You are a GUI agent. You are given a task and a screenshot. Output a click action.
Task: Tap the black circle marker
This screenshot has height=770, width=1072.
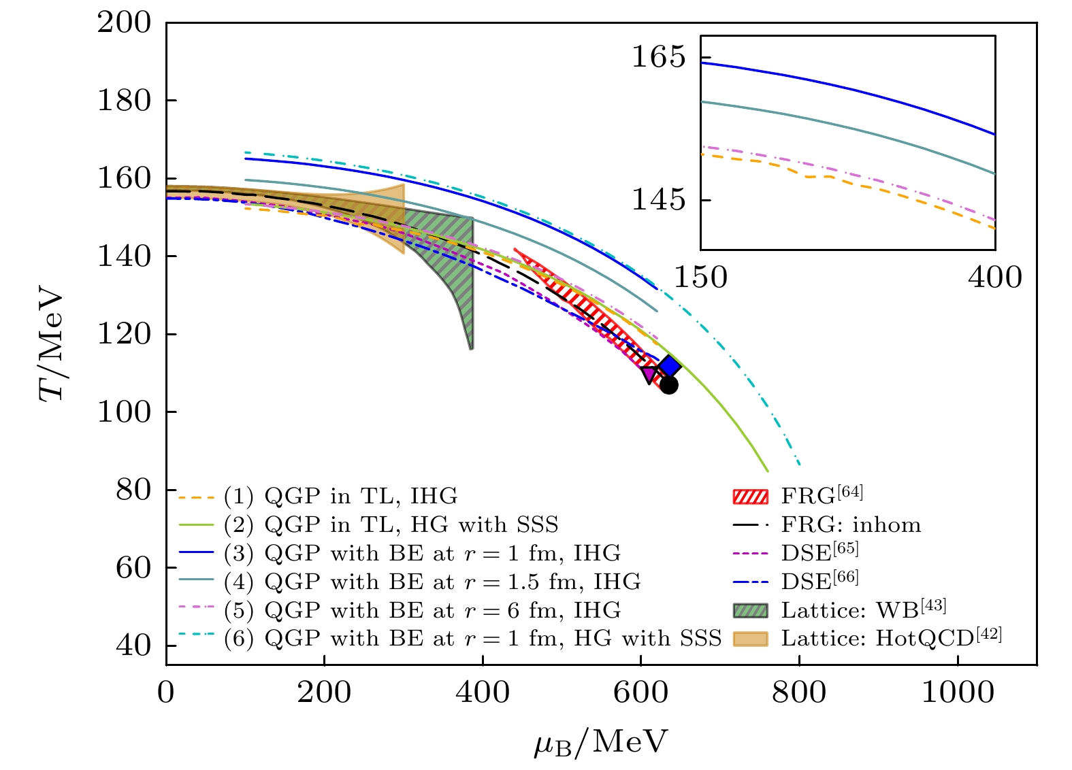point(669,385)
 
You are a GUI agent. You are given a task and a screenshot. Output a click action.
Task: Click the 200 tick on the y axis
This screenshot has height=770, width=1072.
point(125,22)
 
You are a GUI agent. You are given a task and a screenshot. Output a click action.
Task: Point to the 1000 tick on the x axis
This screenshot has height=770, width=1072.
point(958,693)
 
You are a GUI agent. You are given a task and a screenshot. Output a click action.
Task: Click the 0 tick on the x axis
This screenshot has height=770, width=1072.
point(166,693)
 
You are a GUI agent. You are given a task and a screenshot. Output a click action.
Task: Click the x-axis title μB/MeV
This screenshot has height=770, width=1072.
point(600,742)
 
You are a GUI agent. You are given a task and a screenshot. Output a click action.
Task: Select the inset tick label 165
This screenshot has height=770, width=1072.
point(658,57)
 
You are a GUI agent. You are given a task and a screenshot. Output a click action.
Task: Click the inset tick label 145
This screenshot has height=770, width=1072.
point(658,200)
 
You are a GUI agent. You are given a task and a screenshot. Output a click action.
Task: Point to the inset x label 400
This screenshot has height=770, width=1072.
point(994,278)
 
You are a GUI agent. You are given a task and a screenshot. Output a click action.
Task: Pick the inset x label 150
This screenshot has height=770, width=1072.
point(700,278)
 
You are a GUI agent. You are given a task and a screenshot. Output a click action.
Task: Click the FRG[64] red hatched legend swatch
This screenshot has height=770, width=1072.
point(750,497)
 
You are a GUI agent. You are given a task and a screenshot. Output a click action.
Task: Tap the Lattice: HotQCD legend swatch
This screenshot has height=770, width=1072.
point(750,639)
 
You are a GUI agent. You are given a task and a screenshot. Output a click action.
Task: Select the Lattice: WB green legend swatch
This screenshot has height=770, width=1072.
point(750,610)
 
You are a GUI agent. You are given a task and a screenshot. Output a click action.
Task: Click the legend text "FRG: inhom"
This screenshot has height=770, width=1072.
point(851,525)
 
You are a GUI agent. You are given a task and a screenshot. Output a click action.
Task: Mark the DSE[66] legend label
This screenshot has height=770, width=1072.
point(819,580)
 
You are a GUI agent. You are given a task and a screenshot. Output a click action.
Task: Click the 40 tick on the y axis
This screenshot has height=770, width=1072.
point(133,646)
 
